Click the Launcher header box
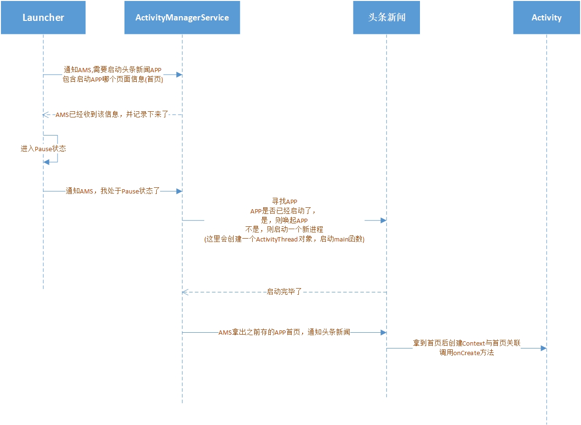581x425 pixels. pyautogui.click(x=43, y=18)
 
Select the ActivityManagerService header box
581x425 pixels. pyautogui.click(x=182, y=18)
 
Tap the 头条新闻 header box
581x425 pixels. pyautogui.click(x=386, y=18)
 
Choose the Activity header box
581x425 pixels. pyautogui.click(x=546, y=18)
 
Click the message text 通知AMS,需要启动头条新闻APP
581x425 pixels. pyautogui.click(x=113, y=70)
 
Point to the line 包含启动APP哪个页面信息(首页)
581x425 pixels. pyautogui.click(x=113, y=79)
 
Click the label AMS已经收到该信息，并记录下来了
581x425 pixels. pyautogui.click(x=112, y=115)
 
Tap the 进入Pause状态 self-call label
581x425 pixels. pyautogui.click(x=43, y=149)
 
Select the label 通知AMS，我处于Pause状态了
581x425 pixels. pyautogui.click(x=113, y=191)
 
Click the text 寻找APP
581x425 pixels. pyautogui.click(x=284, y=202)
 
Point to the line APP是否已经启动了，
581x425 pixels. pyautogui.click(x=284, y=211)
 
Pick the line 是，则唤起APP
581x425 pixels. pyautogui.click(x=284, y=221)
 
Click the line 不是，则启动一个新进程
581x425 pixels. pyautogui.click(x=284, y=230)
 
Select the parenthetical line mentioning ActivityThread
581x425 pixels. pyautogui.click(x=284, y=239)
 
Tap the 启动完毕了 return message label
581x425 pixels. pyautogui.click(x=284, y=292)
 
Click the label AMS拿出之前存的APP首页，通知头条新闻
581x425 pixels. pyautogui.click(x=284, y=332)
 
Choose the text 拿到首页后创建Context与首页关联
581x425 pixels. pyautogui.click(x=467, y=343)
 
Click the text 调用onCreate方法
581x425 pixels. pyautogui.click(x=467, y=353)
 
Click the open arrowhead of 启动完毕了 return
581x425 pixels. pyautogui.click(x=185, y=292)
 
